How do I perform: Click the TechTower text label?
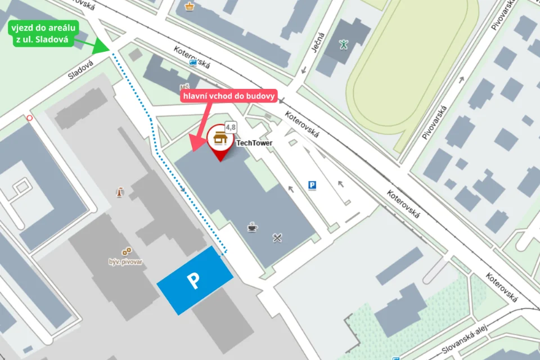[x=254, y=143]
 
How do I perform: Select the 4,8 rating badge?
[x=231, y=127]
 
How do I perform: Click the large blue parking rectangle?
[x=195, y=280]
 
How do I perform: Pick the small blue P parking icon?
[x=313, y=184]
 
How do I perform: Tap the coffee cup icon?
[x=253, y=227]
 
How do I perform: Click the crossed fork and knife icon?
[x=277, y=237]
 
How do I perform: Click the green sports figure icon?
[x=344, y=44]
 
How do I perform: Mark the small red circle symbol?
[x=29, y=118]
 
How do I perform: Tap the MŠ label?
[x=184, y=87]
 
